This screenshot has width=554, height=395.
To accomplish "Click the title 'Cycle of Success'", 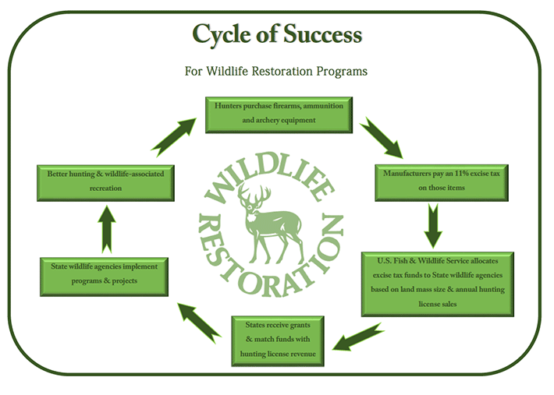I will (x=276, y=34).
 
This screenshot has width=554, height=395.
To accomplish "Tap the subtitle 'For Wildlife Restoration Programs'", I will (x=276, y=71).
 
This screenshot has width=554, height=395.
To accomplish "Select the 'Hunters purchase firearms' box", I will (x=279, y=113).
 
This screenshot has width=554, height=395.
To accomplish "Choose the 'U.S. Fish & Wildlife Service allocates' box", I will (x=436, y=283).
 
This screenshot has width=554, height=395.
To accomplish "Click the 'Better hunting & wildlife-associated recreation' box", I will (x=105, y=182).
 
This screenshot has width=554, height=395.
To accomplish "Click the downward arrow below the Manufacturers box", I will (x=432, y=226).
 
